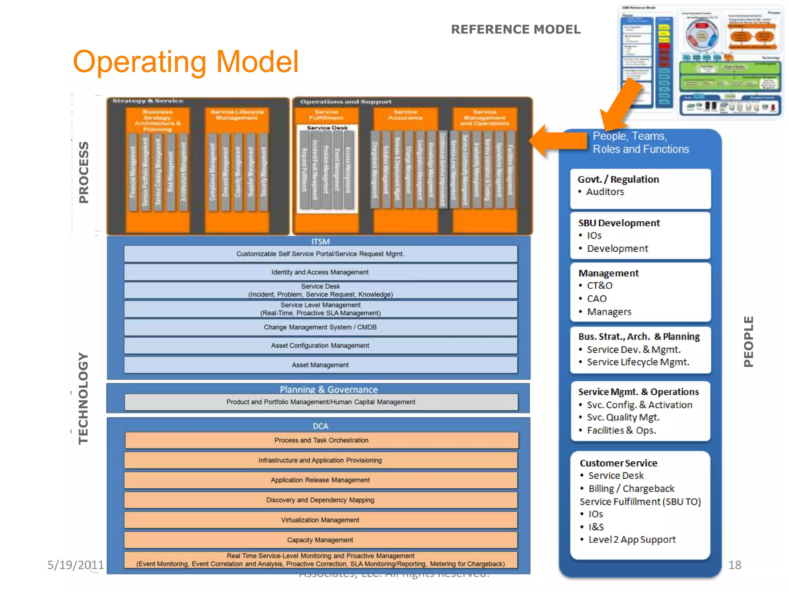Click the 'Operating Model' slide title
coord(186,62)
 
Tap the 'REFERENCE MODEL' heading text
coord(515,30)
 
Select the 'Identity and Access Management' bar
coord(320,272)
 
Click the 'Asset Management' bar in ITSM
coord(320,365)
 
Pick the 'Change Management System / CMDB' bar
coord(320,327)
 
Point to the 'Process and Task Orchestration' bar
coord(321,440)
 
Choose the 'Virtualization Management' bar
coord(320,520)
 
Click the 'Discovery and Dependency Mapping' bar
coord(320,500)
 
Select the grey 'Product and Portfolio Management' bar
coord(321,402)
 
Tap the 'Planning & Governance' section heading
coord(329,389)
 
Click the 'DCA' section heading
coord(320,426)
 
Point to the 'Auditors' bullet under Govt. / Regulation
coord(605,192)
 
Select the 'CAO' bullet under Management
coord(596,299)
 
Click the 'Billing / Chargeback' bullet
coord(631,489)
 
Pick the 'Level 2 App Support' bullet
coord(632,540)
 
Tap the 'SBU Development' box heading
coord(619,223)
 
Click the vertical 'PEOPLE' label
coord(748,341)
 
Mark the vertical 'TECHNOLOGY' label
coord(83,399)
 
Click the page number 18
coord(735,565)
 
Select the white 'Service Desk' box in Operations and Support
coord(327,168)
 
